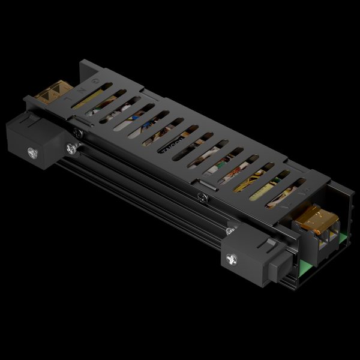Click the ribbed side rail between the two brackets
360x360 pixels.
[x=144, y=192]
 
